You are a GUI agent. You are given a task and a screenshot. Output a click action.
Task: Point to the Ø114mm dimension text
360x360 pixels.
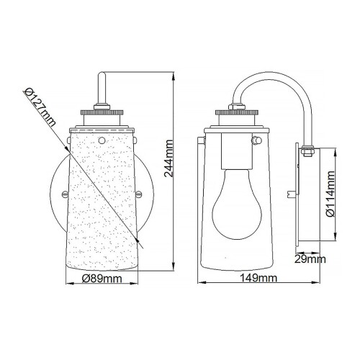[x=329, y=194]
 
